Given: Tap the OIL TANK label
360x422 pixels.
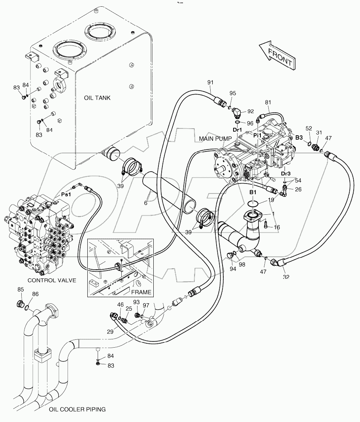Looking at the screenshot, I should tap(97, 98).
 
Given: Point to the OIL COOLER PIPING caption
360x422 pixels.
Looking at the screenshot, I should tap(77, 409).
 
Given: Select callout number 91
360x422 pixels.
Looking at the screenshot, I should tap(210, 82).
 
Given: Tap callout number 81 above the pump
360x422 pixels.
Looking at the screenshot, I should tap(268, 102).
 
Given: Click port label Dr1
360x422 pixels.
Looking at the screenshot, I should tap(237, 130).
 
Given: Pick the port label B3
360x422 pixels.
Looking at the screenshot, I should tap(299, 138).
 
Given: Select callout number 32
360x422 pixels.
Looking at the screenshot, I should tap(286, 277).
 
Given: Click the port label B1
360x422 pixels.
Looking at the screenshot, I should tap(253, 192).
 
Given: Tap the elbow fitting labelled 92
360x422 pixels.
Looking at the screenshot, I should tap(238, 113).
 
